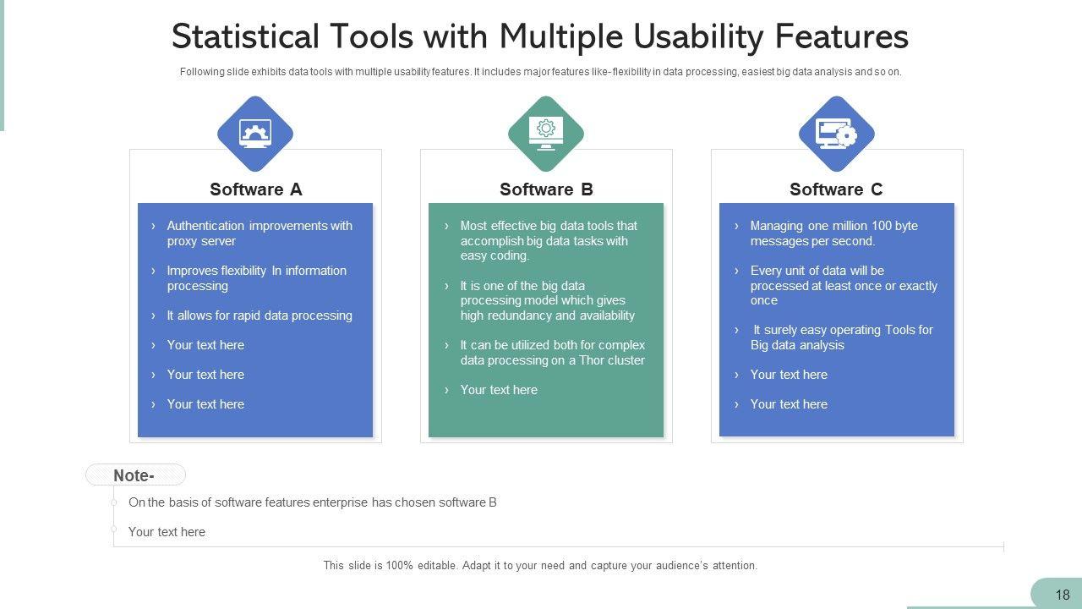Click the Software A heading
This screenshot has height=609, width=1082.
(x=255, y=189)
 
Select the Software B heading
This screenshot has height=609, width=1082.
(x=546, y=189)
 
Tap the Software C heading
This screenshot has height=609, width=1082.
(x=836, y=189)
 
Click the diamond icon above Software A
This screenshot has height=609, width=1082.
(x=255, y=134)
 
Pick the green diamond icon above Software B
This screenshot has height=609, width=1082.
(x=546, y=134)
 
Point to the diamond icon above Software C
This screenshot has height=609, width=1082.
(x=836, y=134)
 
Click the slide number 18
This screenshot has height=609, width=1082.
(x=1063, y=595)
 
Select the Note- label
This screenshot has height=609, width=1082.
(x=134, y=475)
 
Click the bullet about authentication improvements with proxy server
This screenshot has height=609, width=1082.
(x=259, y=233)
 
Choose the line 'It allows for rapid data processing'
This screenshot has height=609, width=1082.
(x=259, y=315)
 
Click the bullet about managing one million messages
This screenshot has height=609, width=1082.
(x=833, y=233)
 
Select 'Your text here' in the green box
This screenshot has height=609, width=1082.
(x=499, y=390)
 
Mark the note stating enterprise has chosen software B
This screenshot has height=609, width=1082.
(x=312, y=502)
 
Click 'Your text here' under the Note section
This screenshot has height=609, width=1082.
(x=167, y=532)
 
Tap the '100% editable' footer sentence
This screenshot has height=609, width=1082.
(x=540, y=566)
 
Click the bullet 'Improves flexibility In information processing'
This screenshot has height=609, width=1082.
(x=256, y=278)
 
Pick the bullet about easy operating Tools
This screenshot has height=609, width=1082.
(x=841, y=337)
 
